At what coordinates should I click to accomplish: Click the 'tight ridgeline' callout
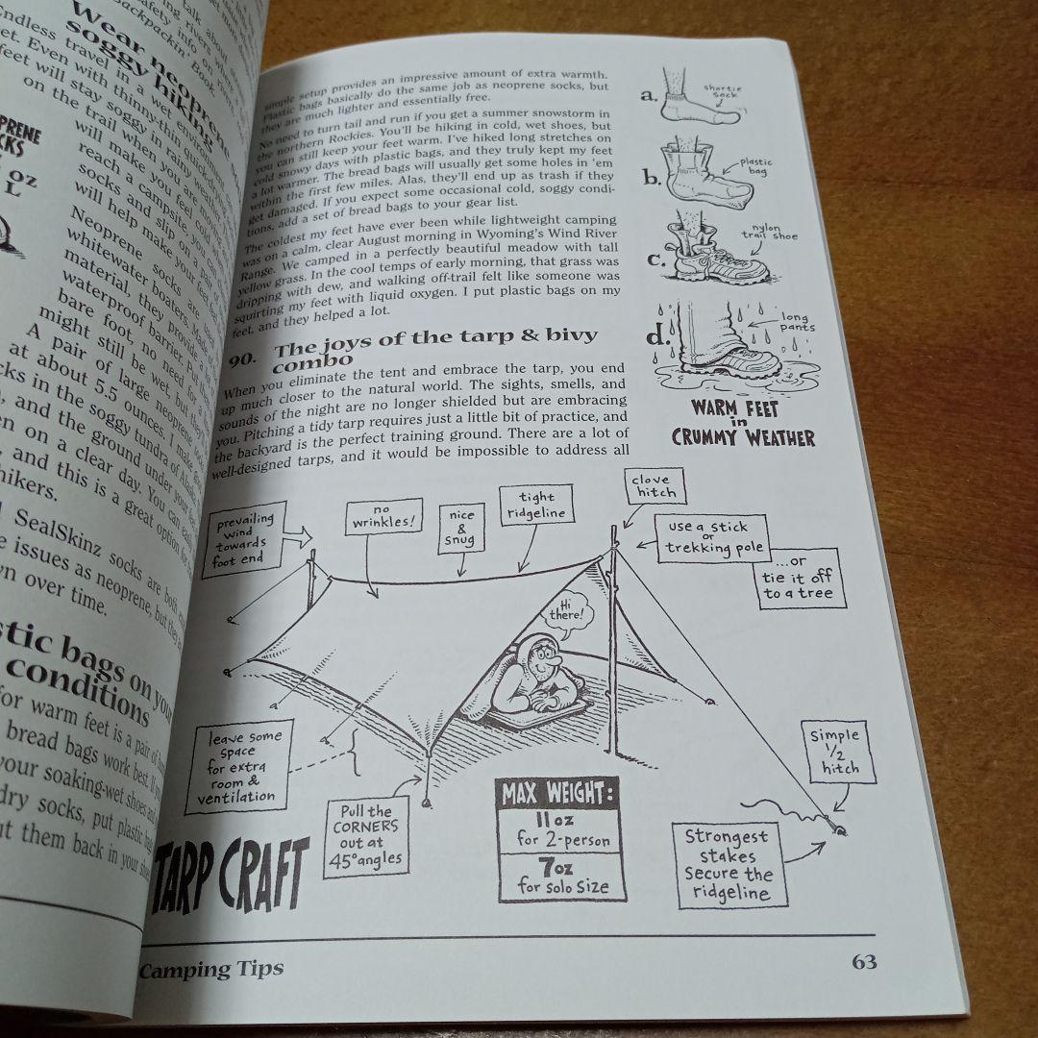pyautogui.click(x=536, y=505)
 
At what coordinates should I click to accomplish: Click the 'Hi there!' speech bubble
pyautogui.click(x=571, y=612)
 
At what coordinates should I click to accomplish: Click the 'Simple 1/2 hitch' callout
pyautogui.click(x=833, y=753)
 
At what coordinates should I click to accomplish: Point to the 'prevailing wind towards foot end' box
pyautogui.click(x=245, y=538)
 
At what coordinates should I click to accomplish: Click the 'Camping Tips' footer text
pyautogui.click(x=211, y=968)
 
